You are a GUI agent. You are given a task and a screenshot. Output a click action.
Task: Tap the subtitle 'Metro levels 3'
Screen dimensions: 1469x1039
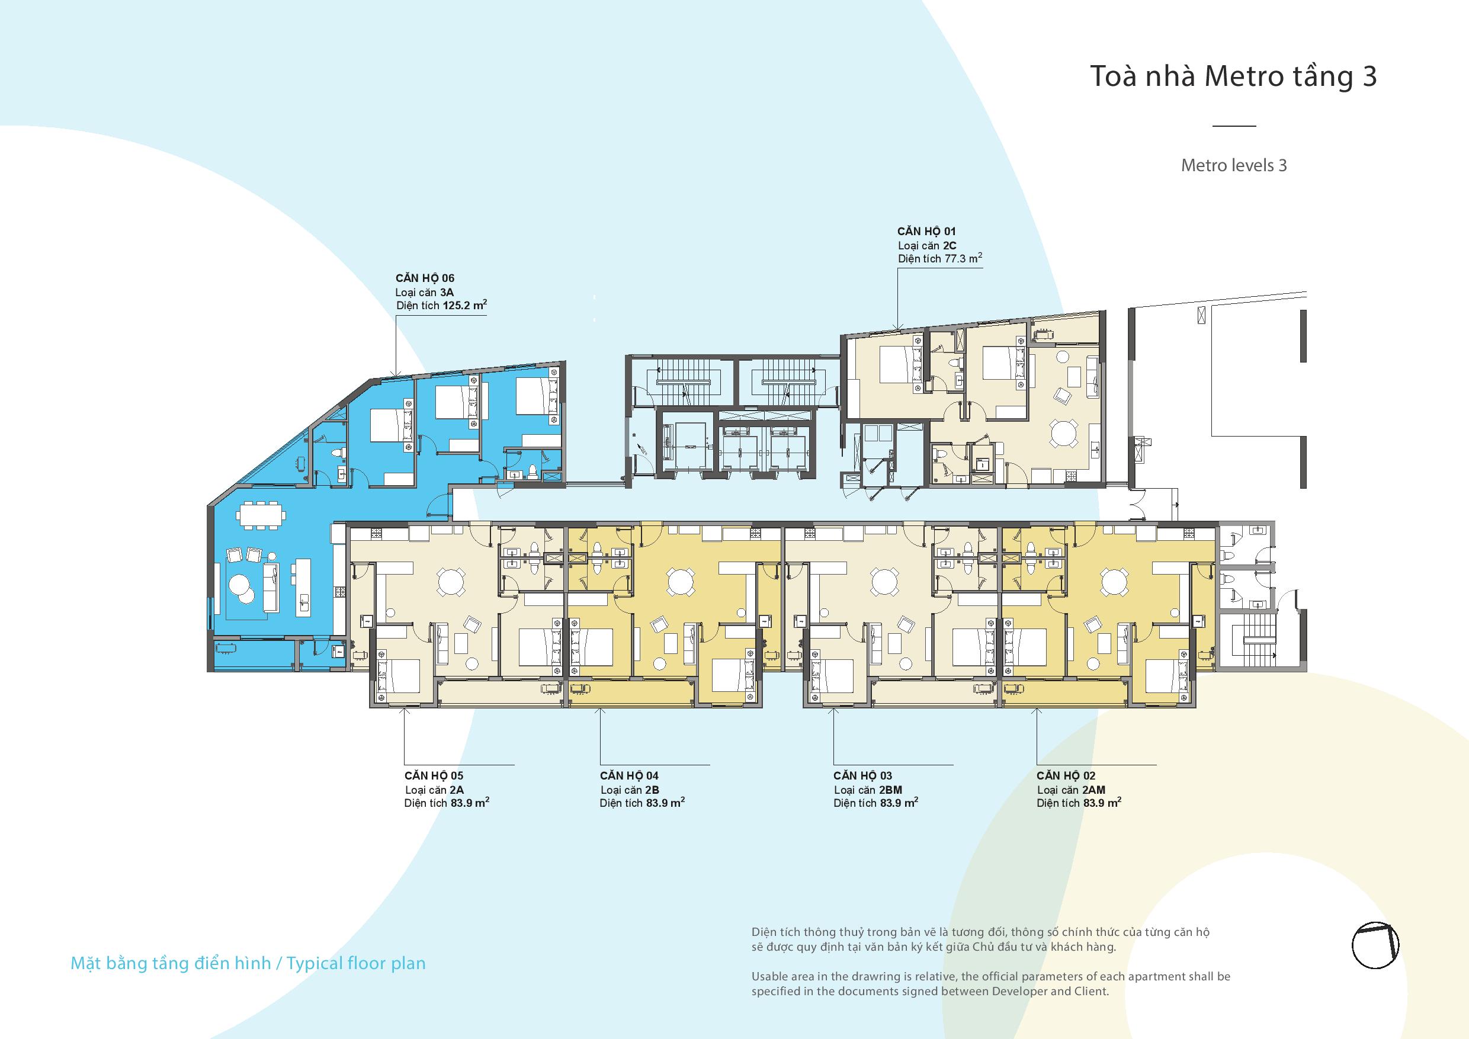point(1234,165)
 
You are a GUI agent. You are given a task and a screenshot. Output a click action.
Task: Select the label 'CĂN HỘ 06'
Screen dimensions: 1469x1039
point(425,278)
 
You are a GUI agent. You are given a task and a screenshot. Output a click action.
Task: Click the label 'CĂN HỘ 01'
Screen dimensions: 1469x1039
point(926,231)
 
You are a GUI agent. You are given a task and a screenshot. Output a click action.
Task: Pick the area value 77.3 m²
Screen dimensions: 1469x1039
point(964,258)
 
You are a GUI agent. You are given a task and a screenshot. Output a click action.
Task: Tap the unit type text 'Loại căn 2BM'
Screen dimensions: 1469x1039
point(868,790)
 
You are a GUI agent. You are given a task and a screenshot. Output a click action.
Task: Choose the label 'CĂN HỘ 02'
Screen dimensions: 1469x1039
point(1066,776)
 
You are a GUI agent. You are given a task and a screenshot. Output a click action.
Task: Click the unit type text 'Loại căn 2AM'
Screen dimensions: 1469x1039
point(1071,790)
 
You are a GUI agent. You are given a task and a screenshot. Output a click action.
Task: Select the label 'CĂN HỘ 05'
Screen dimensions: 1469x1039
point(434,776)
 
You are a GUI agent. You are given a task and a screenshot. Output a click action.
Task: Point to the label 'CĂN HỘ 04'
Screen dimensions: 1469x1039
point(629,776)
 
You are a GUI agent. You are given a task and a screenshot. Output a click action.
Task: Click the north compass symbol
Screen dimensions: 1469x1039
point(1375,945)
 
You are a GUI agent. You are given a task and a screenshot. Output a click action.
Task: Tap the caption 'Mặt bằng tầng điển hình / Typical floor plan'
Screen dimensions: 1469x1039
point(248,964)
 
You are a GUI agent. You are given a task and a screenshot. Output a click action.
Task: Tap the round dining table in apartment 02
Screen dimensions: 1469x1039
point(1115,583)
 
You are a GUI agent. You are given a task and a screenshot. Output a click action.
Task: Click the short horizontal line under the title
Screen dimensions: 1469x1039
point(1234,126)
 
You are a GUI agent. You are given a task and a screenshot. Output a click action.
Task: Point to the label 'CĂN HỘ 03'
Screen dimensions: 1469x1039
point(862,776)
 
